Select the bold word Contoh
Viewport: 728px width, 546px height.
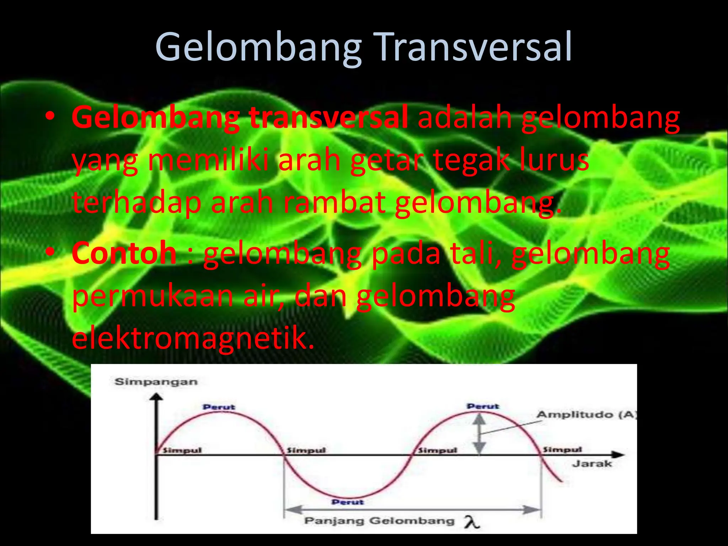point(124,253)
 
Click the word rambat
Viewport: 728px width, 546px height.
point(334,203)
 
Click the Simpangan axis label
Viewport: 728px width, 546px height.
point(156,382)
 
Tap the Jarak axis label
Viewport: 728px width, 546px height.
point(592,464)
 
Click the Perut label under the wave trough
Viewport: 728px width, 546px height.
point(348,502)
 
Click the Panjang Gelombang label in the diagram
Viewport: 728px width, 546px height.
point(379,521)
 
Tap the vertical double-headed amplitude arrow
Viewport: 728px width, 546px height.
point(480,434)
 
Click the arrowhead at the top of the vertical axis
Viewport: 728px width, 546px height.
point(156,397)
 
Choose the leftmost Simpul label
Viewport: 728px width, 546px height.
point(182,450)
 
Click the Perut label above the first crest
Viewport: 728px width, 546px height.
point(219,407)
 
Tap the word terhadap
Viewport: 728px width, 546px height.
point(137,203)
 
